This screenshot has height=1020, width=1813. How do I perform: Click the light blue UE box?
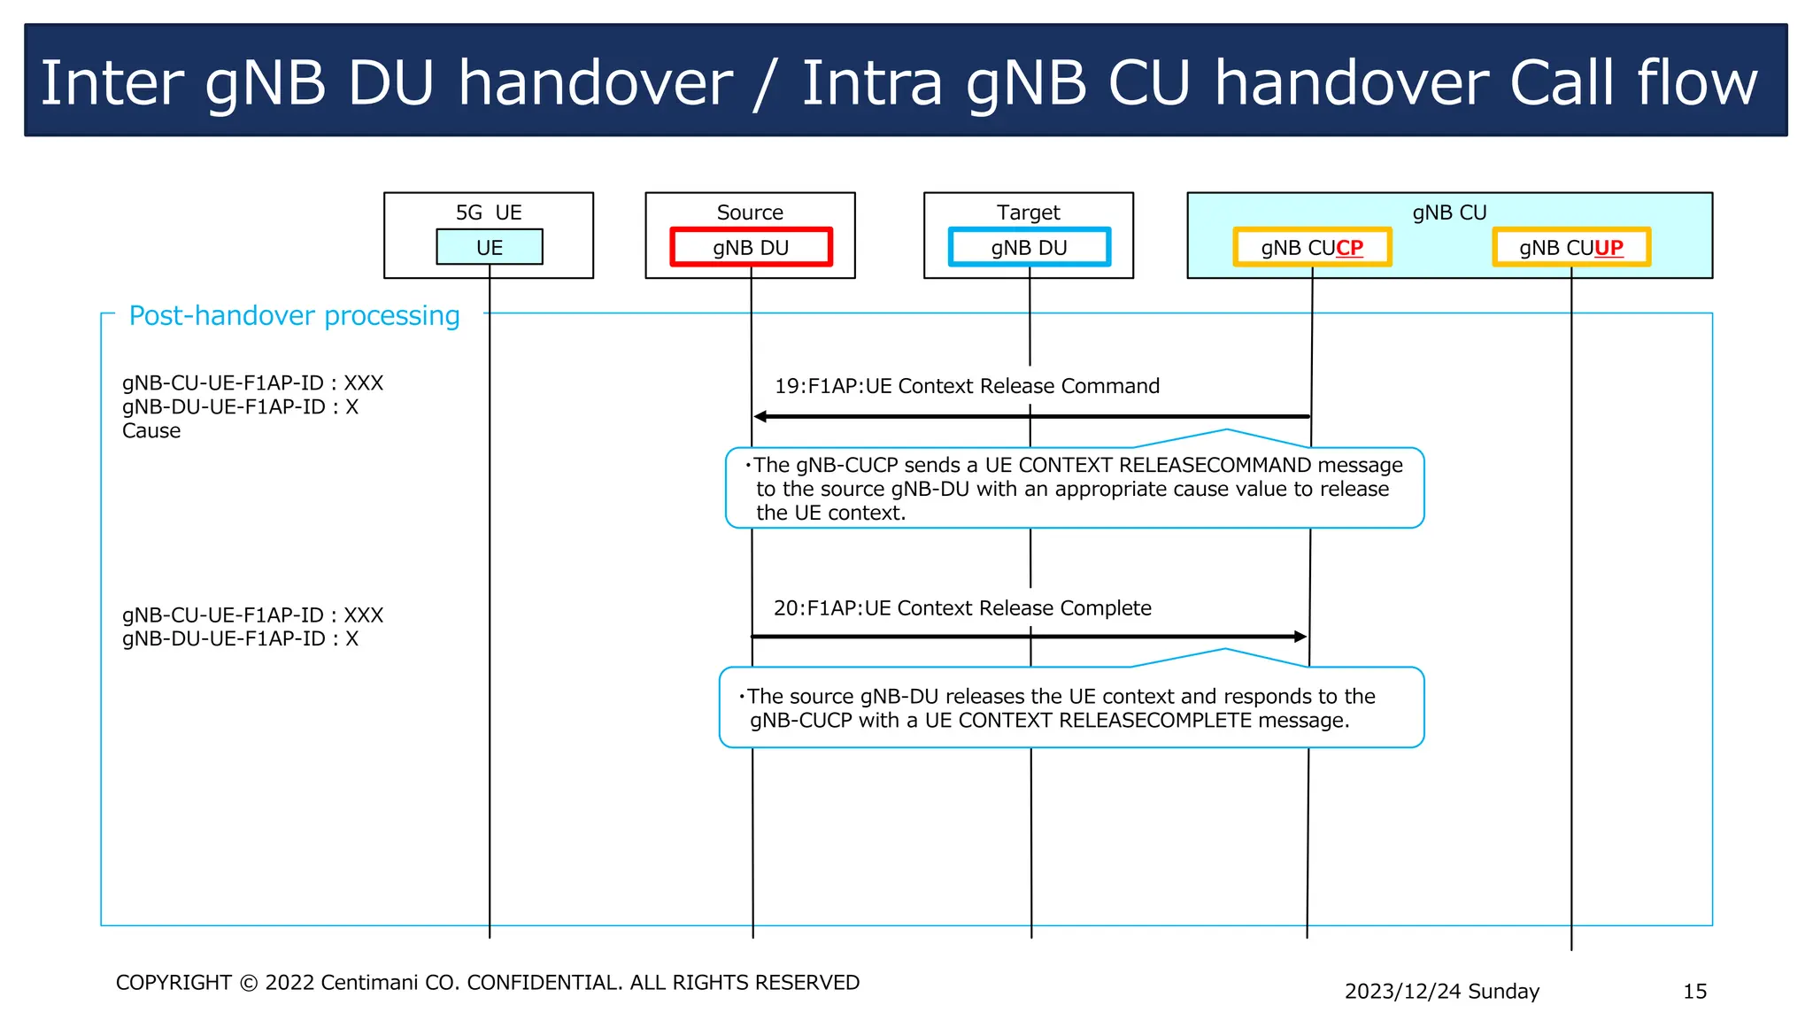490,247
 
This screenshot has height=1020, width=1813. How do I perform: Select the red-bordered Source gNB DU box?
751,247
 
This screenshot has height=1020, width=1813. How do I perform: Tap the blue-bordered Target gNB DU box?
1029,247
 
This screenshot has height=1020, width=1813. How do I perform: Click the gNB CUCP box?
1312,247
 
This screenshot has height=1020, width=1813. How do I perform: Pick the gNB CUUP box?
1571,247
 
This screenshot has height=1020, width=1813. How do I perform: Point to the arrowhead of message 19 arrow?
760,416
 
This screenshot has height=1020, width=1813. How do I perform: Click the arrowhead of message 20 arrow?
1300,637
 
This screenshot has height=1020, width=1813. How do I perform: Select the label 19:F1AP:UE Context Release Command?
967,386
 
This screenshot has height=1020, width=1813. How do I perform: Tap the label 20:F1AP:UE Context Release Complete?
962,608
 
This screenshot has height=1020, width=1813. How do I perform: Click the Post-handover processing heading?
294,316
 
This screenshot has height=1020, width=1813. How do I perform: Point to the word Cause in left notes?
151,431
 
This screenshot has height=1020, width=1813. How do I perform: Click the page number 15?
1694,992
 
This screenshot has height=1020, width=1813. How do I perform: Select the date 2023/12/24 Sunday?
1441,992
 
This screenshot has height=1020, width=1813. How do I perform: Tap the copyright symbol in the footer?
249,984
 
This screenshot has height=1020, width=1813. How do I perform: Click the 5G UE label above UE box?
489,212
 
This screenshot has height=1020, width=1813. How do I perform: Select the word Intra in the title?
872,83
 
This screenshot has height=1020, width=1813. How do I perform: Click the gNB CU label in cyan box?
1449,212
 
